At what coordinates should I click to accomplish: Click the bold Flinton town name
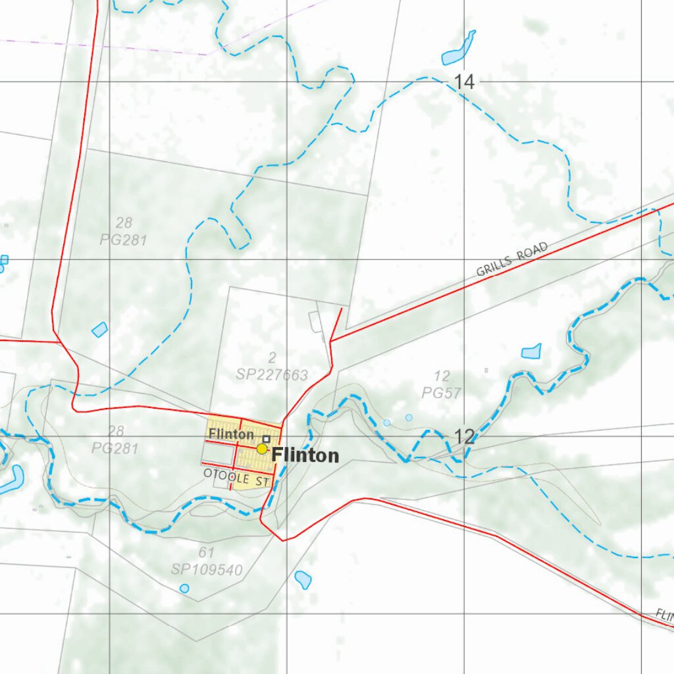tap(305, 455)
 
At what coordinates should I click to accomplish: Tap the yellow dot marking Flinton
tap(262, 449)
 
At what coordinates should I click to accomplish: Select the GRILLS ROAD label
tap(512, 260)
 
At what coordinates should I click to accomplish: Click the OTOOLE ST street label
tap(237, 476)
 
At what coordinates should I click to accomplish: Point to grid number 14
tap(463, 82)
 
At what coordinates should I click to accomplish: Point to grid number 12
tap(464, 436)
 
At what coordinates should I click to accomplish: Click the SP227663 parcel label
tap(272, 375)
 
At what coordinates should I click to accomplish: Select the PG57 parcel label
tap(442, 394)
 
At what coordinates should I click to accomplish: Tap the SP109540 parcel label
tap(207, 569)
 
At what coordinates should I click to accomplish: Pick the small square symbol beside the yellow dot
tap(266, 438)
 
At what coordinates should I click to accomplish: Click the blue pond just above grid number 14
tap(458, 49)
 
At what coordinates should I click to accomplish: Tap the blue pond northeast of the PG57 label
tap(531, 351)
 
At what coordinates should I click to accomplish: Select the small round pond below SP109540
tap(184, 588)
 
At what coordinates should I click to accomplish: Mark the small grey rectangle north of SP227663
tap(314, 322)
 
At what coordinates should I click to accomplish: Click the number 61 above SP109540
tap(207, 552)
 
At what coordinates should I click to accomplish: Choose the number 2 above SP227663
tap(272, 358)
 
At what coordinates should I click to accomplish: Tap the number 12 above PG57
tap(442, 376)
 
